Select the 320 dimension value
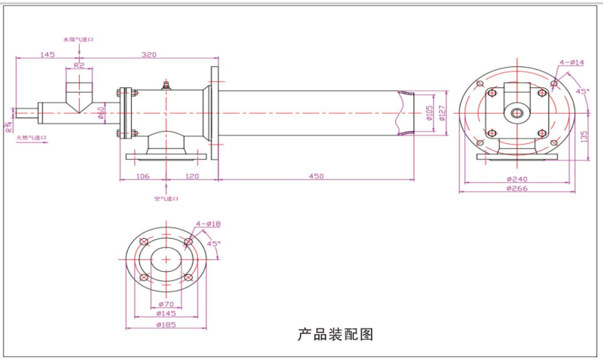[149, 55]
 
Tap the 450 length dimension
[316, 176]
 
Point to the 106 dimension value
[142, 176]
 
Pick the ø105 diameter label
[429, 114]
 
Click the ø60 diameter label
[102, 113]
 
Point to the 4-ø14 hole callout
[572, 63]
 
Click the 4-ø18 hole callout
[208, 224]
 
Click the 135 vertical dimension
[584, 136]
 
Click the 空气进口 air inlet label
[166, 199]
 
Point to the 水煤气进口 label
[78, 38]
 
